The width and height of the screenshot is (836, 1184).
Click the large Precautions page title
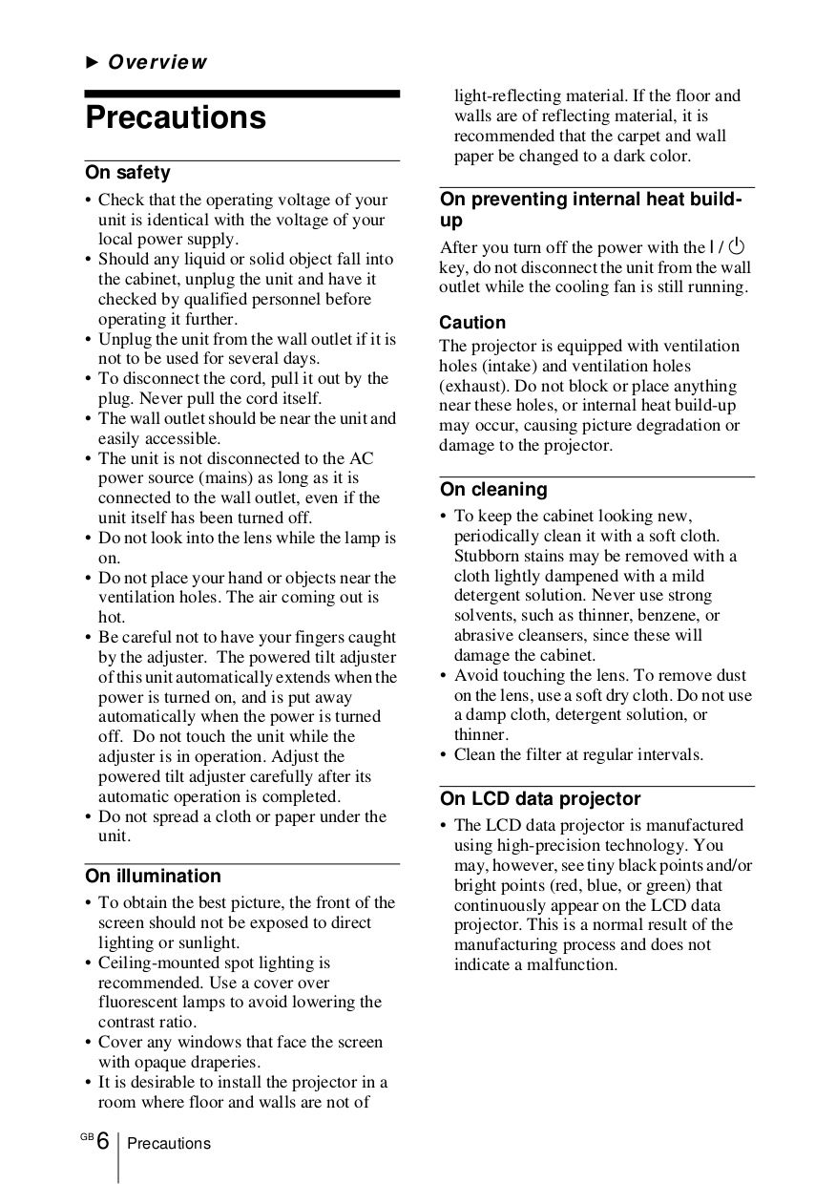(176, 118)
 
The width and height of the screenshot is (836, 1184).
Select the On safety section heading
(128, 173)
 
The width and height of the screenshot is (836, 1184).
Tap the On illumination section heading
(153, 876)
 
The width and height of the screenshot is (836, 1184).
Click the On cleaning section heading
(493, 490)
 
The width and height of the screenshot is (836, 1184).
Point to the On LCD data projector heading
(540, 799)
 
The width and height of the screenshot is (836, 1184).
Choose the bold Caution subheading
(472, 323)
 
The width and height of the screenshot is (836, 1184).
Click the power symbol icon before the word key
(738, 247)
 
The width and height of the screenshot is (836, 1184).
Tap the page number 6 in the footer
(103, 1142)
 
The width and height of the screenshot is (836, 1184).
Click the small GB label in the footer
(87, 1136)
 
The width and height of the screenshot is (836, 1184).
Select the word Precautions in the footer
(169, 1144)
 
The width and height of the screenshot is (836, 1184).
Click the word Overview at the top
(157, 63)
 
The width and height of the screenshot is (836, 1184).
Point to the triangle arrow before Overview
(93, 63)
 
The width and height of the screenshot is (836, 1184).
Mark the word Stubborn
(488, 556)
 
